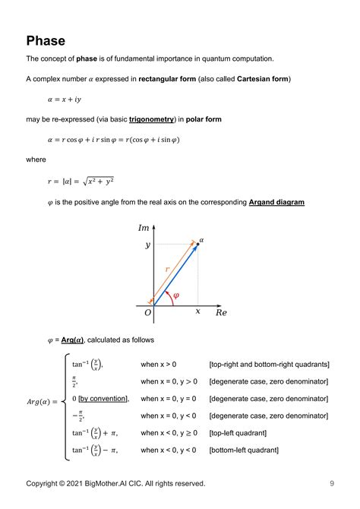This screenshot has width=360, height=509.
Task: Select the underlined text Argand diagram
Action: pyautogui.click(x=276, y=202)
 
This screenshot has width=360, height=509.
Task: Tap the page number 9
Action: pyautogui.click(x=332, y=483)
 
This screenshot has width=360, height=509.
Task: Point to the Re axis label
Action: pyautogui.click(x=221, y=312)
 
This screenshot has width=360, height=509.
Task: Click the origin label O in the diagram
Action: pyautogui.click(x=147, y=313)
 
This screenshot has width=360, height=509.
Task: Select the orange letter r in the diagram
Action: pyautogui.click(x=167, y=269)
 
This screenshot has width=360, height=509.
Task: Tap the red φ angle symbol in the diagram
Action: pyautogui.click(x=176, y=295)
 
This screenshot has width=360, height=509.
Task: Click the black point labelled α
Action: pyautogui.click(x=198, y=243)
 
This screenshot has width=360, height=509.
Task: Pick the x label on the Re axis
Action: pyautogui.click(x=198, y=311)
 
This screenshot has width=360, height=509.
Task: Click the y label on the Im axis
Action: pyautogui.click(x=147, y=245)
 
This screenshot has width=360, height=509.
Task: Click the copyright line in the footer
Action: pyautogui.click(x=115, y=483)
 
